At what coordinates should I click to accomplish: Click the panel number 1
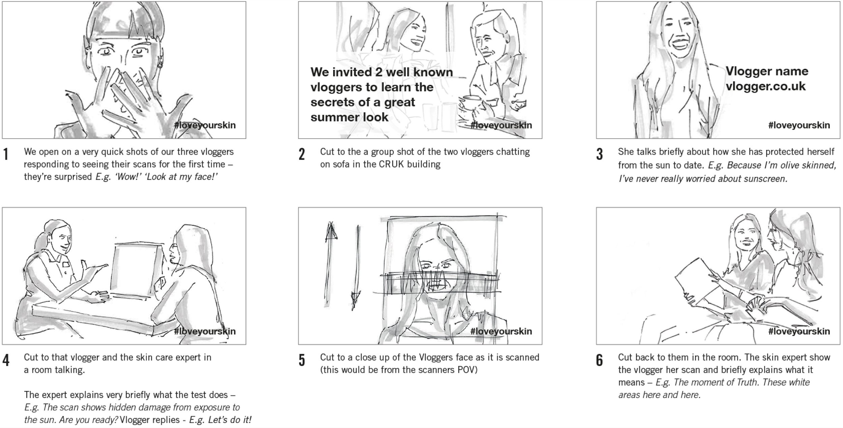pyautogui.click(x=6, y=154)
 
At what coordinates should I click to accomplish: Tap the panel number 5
pyautogui.click(x=302, y=360)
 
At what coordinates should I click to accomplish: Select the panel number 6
pyautogui.click(x=600, y=360)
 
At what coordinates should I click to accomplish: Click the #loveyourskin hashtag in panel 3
pyautogui.click(x=799, y=125)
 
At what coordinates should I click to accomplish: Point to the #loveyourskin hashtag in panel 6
pyautogui.click(x=799, y=331)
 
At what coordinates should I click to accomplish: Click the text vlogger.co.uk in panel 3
pyautogui.click(x=765, y=86)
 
